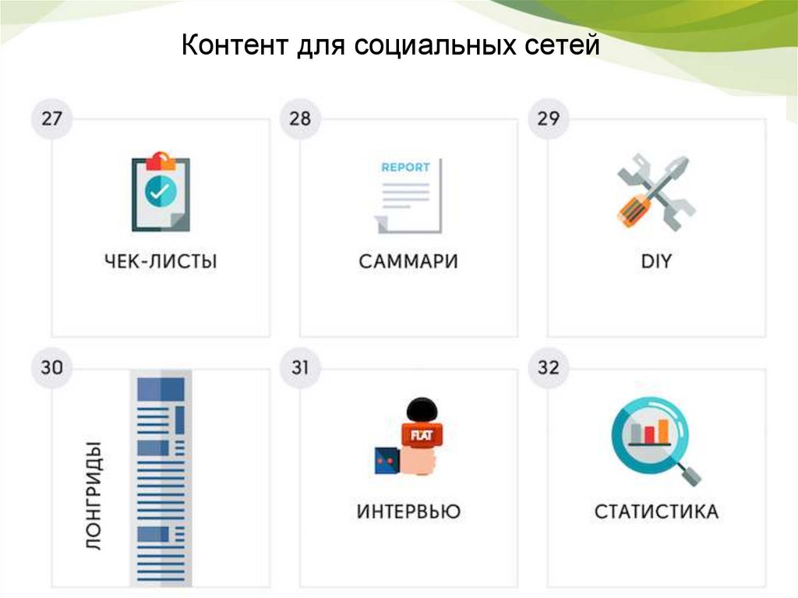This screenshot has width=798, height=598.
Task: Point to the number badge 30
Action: click(x=51, y=367)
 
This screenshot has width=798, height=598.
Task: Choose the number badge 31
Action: click(x=300, y=367)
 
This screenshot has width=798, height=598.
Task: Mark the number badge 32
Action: click(x=548, y=367)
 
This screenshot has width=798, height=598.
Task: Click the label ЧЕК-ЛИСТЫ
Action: click(x=161, y=261)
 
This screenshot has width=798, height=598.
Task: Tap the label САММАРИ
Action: click(x=408, y=261)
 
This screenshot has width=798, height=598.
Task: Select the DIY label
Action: click(x=656, y=261)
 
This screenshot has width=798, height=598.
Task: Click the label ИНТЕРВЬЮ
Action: click(x=408, y=511)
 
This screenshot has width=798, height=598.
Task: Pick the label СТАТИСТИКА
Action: click(x=656, y=511)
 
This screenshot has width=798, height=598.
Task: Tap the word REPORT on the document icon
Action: click(x=405, y=167)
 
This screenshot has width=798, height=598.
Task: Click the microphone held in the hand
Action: click(x=421, y=425)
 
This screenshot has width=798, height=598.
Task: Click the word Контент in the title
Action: click(x=235, y=46)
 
